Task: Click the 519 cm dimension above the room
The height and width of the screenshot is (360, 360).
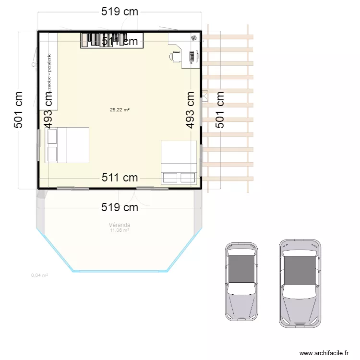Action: pyautogui.click(x=120, y=12)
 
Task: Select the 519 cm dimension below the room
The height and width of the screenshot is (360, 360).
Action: pyautogui.click(x=120, y=207)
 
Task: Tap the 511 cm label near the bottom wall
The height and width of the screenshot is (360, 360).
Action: pyautogui.click(x=120, y=178)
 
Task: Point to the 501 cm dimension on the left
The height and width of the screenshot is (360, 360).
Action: pyautogui.click(x=19, y=110)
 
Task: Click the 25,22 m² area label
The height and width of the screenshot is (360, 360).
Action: pyautogui.click(x=120, y=110)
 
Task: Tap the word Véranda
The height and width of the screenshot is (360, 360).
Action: pyautogui.click(x=120, y=225)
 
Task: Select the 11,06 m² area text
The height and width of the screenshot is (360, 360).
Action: pyautogui.click(x=120, y=230)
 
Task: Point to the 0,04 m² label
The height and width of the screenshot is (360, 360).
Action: pyautogui.click(x=39, y=276)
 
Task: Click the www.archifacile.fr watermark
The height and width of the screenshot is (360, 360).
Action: pyautogui.click(x=324, y=353)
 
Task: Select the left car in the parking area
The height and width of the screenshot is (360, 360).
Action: pyautogui.click(x=241, y=281)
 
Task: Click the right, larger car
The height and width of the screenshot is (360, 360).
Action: pyautogui.click(x=300, y=282)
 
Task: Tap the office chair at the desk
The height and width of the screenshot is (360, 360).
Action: pyautogui.click(x=175, y=57)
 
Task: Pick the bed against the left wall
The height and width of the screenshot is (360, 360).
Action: pyautogui.click(x=67, y=145)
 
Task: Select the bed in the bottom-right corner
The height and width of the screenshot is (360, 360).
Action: pyautogui.click(x=179, y=163)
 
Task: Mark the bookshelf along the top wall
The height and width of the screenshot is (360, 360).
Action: pyautogui.click(x=104, y=40)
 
